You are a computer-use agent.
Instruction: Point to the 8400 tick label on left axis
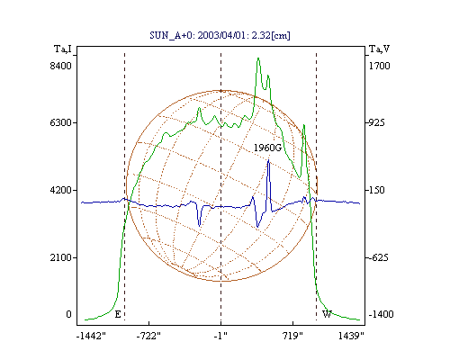61,66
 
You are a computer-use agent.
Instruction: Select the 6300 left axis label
61,122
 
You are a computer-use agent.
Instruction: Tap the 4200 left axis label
61,190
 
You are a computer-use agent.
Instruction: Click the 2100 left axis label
61,257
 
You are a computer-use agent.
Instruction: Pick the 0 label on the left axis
68,314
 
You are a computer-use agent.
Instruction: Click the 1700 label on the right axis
379,66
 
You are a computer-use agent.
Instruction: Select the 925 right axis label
376,122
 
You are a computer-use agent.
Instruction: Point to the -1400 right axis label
381,314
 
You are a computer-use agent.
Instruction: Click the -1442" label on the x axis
91,336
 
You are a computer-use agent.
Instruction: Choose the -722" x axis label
148,336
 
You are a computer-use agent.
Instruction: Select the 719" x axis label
292,336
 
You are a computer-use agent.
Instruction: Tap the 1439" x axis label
351,336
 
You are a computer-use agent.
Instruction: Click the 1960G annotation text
267,148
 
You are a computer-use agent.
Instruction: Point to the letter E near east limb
118,314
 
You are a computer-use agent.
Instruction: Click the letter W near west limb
327,314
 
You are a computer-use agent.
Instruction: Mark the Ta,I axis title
63,49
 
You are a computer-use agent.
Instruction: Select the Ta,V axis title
379,49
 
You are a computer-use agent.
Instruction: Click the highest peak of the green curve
258,58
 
